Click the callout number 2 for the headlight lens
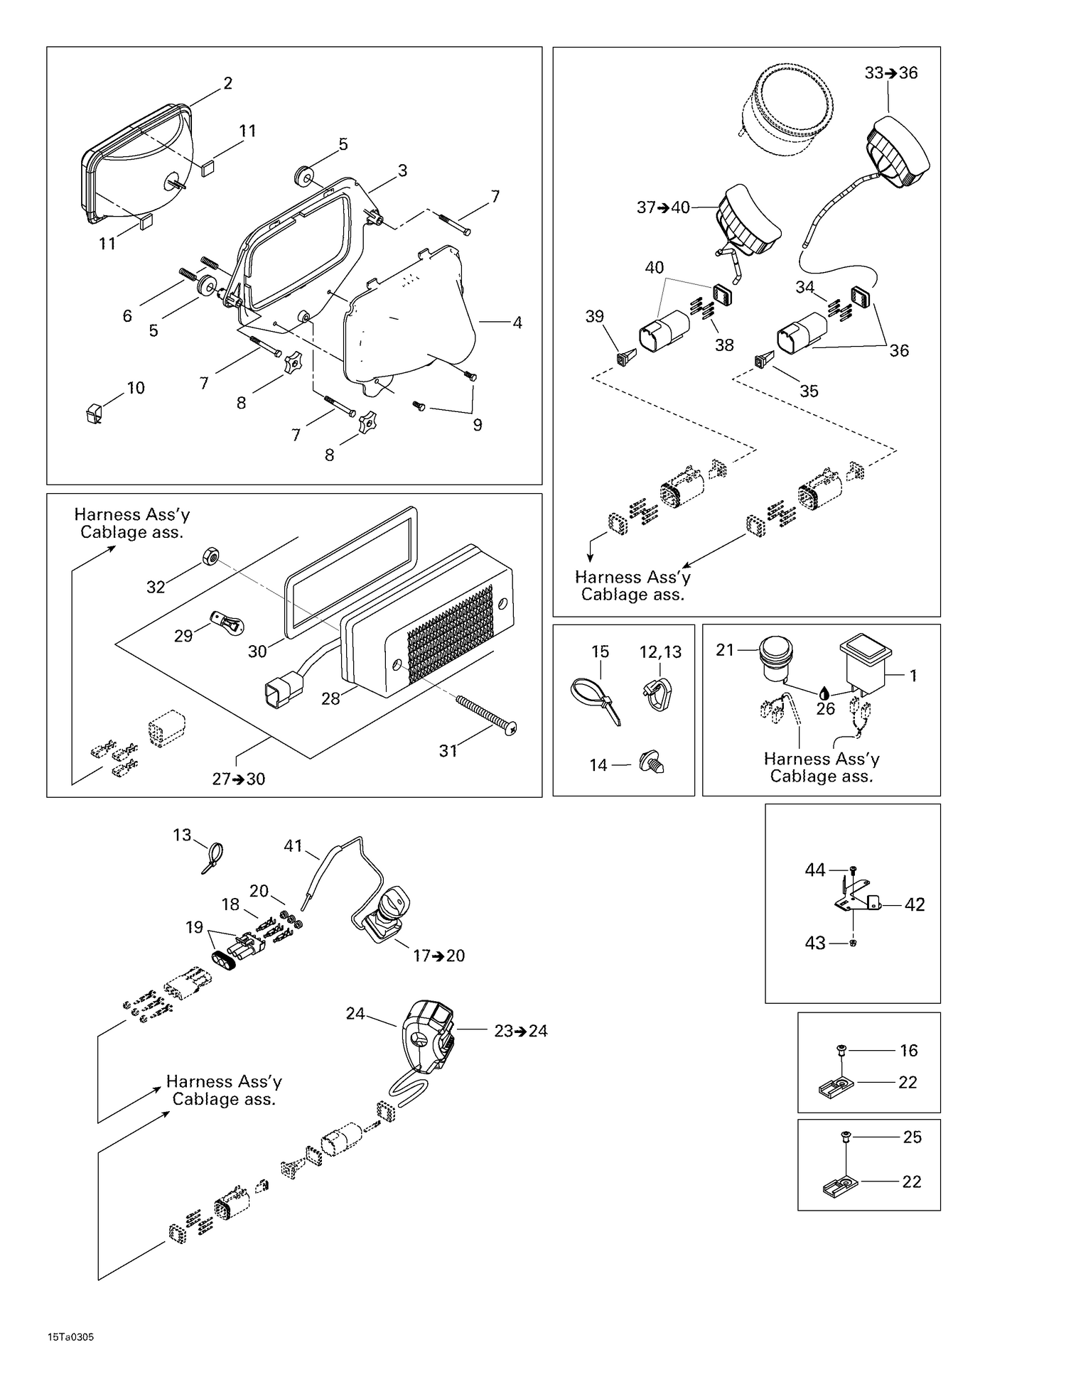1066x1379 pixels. pos(227,83)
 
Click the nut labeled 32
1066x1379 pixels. pos(210,556)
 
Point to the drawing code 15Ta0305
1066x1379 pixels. pos(70,1337)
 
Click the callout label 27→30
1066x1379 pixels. pos(239,779)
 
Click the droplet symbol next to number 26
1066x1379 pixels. pos(824,693)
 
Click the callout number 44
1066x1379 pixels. pos(815,870)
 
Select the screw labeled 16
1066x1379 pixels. pos(841,1049)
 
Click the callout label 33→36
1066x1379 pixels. pos(891,72)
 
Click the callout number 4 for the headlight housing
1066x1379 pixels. pos(517,323)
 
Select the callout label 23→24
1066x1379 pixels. pos(521,1031)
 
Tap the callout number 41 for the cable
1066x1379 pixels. pos(294,845)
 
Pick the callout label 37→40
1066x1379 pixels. pos(663,207)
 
